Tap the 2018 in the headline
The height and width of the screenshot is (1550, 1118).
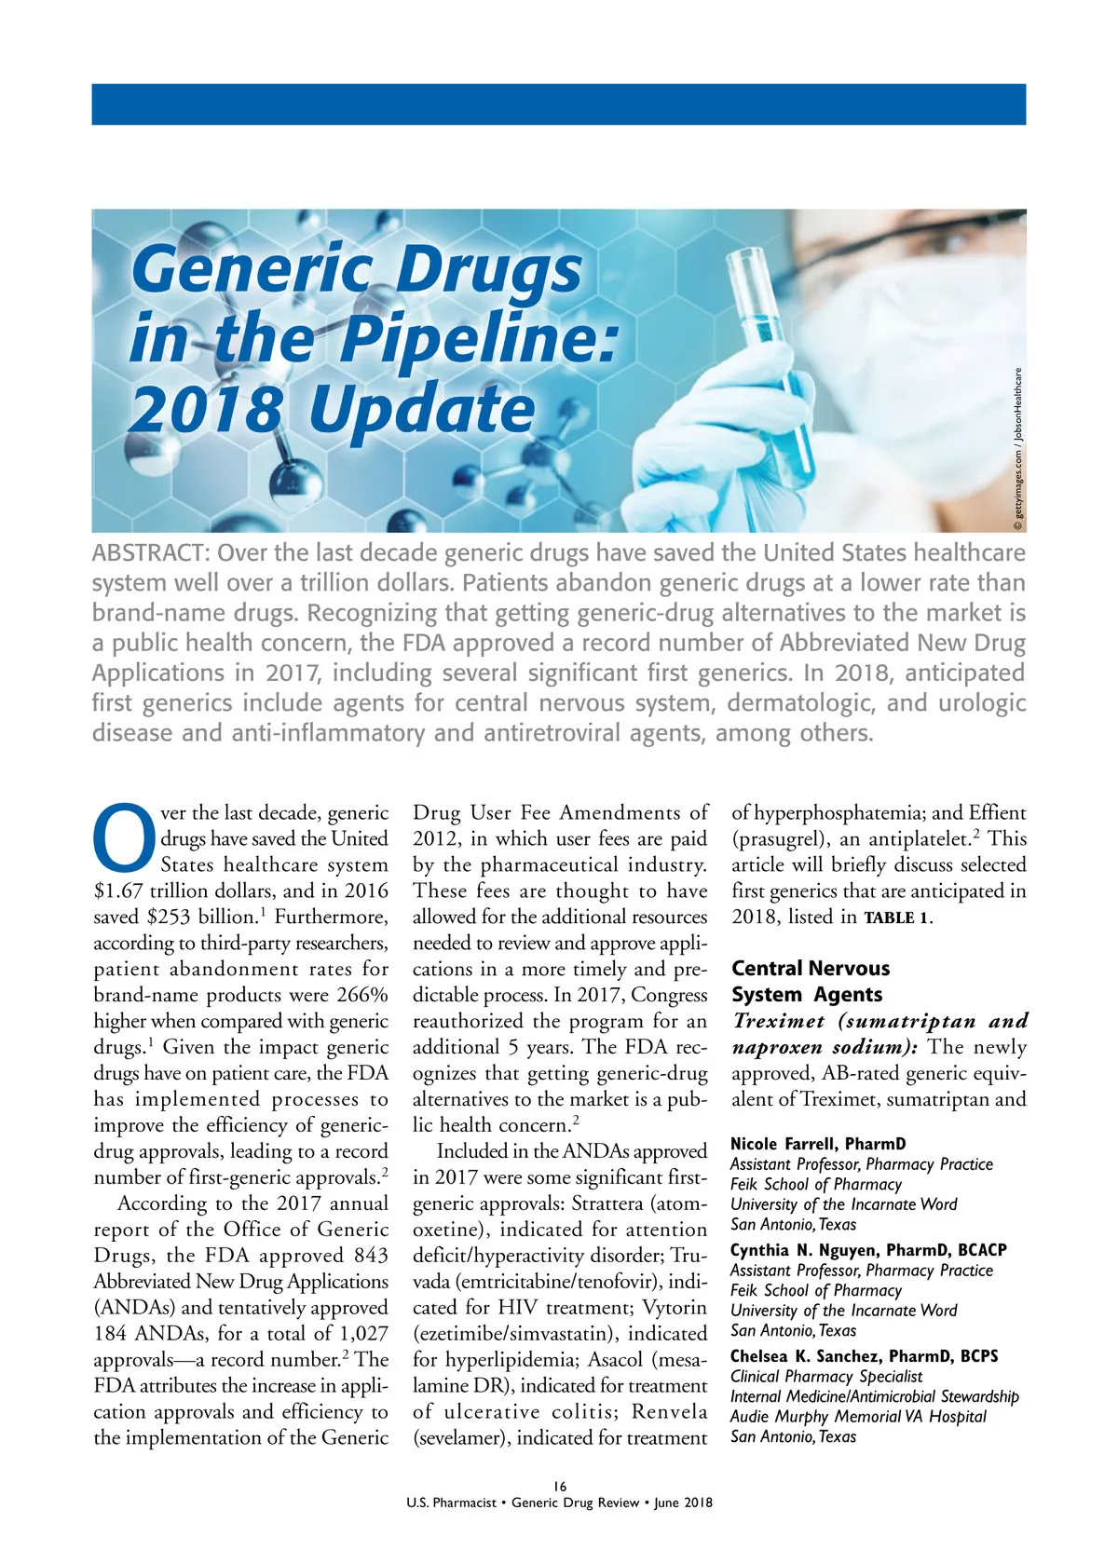[x=205, y=410]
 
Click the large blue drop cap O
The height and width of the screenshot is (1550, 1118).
[x=125, y=835]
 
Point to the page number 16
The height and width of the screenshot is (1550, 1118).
[x=559, y=1487]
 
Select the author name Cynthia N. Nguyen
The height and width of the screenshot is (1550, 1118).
[x=804, y=1250]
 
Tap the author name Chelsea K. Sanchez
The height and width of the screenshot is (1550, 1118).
[x=808, y=1356]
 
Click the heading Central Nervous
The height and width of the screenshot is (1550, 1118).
[x=811, y=969]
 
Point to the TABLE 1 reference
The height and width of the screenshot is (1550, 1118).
[x=896, y=918]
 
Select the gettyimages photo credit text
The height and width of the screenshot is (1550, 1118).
[x=1019, y=447]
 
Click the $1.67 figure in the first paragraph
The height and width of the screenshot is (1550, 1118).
[x=119, y=891]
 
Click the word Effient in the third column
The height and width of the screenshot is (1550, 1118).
[x=997, y=812]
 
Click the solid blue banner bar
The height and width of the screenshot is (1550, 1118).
[x=559, y=104]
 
